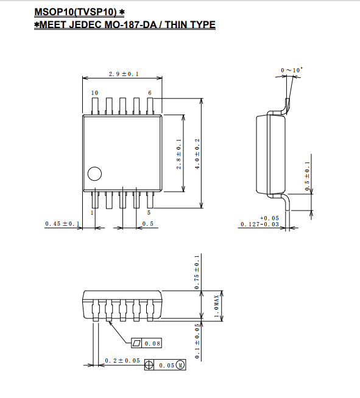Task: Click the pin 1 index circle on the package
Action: [x=94, y=174]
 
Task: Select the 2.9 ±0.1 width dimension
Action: [x=124, y=74]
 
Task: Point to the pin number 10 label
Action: [x=95, y=93]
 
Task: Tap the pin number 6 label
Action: [x=150, y=93]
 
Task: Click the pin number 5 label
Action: [x=149, y=213]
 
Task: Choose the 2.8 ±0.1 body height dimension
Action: [x=179, y=154]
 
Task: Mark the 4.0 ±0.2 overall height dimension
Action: [x=197, y=154]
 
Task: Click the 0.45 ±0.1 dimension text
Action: [x=62, y=223]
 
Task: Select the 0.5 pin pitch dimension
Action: [x=148, y=223]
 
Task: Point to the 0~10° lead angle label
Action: [x=292, y=70]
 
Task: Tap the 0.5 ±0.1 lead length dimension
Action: [x=308, y=176]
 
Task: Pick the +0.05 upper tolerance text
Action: [x=269, y=218]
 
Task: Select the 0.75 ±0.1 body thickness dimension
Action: [x=197, y=272]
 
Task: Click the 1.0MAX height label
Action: [x=216, y=306]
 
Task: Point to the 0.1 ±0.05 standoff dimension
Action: [x=197, y=341]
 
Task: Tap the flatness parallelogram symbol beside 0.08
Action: [x=136, y=343]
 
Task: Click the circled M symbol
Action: [x=180, y=365]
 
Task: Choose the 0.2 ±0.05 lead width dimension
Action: [x=122, y=361]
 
